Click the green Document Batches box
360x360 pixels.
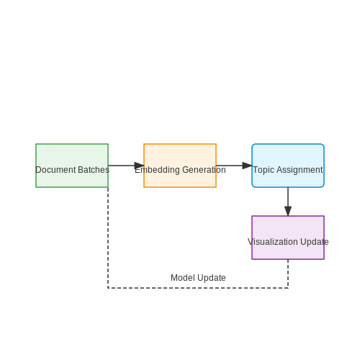tap(72, 166)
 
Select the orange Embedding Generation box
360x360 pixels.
tap(180, 166)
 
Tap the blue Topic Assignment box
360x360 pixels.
tap(288, 166)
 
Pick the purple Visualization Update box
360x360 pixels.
tap(288, 238)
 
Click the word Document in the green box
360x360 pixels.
tap(55, 170)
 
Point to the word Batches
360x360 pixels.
tap(94, 170)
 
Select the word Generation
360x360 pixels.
tap(204, 170)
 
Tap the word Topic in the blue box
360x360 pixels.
tap(264, 170)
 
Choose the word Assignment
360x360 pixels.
tap(300, 170)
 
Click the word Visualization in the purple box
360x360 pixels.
tap(273, 242)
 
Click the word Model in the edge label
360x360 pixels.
tap(181, 278)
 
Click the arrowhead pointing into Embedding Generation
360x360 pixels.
tap(139, 166)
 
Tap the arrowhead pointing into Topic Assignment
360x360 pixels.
tap(247, 166)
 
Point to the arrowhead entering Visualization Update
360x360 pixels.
tap(288, 211)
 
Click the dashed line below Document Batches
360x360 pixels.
tap(108, 238)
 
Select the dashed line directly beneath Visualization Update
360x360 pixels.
tap(288, 274)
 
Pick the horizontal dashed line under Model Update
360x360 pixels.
tap(198, 288)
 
